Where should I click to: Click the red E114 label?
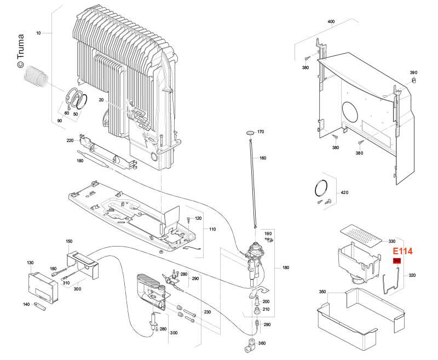402,251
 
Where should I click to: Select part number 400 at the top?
331,22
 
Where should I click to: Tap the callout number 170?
261,132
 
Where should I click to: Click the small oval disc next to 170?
249,133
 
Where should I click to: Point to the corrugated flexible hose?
37,76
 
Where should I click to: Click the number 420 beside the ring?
344,193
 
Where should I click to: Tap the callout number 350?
322,292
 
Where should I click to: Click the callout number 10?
38,33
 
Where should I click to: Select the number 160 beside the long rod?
263,158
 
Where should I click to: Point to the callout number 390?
414,72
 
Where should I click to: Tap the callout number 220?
70,141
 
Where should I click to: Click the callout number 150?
69,242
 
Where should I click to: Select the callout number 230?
208,312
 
